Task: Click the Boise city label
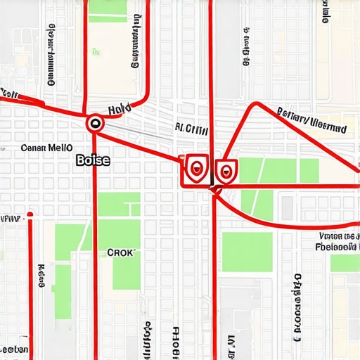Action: coord(92,160)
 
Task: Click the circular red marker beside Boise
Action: coord(94,124)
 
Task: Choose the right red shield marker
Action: coord(226,169)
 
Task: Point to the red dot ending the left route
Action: coord(30,214)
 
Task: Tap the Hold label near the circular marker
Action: coord(120,109)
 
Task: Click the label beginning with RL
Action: coord(191,129)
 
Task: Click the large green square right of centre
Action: coord(247,252)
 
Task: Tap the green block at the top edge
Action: coord(108,10)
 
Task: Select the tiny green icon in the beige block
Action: coord(96,51)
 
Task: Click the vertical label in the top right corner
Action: coord(326,12)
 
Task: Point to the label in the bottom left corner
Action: coord(14,349)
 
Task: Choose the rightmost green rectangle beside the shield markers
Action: coord(309,170)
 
